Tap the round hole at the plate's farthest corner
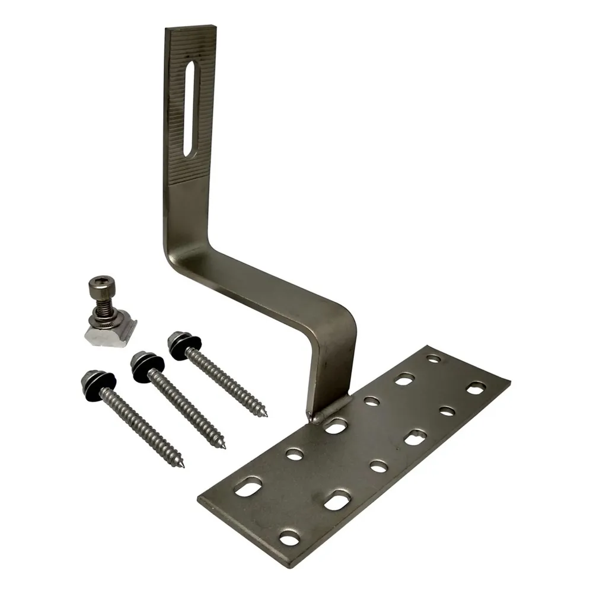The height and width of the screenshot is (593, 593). (434, 359)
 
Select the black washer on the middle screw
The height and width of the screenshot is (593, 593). (143, 364)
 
